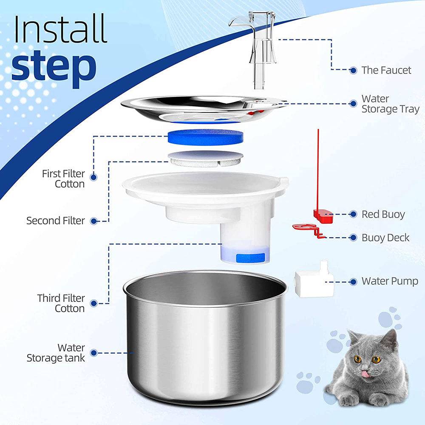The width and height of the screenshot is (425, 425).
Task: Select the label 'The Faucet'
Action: click(386, 70)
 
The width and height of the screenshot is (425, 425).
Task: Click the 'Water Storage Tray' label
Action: click(384, 104)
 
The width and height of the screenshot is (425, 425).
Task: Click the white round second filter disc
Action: click(206, 158)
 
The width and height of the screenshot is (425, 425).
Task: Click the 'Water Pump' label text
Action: click(389, 281)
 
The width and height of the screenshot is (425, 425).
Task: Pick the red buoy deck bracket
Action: click(307, 230)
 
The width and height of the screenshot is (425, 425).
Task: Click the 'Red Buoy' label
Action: click(383, 214)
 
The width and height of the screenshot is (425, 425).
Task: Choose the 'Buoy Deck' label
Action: click(385, 237)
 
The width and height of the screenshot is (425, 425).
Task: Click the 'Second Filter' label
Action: click(56, 221)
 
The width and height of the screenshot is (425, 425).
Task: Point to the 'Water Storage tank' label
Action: click(56, 353)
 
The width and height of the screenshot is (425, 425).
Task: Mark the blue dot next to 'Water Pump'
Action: click(353, 281)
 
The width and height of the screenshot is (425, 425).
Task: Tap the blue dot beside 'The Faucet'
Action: click(353, 70)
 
